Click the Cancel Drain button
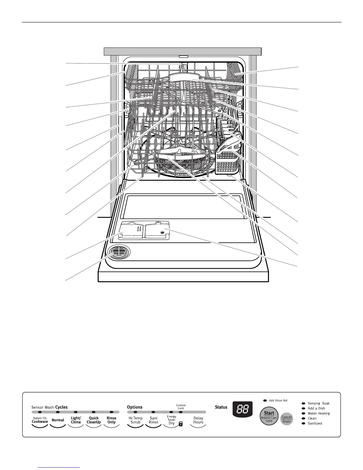[286, 419]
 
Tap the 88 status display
[242, 409]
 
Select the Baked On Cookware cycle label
[40, 420]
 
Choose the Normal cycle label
[58, 420]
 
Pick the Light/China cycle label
[76, 420]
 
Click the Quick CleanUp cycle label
[94, 420]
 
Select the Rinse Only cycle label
[112, 420]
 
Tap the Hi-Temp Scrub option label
[136, 420]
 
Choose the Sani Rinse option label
[154, 420]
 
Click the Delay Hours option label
[198, 420]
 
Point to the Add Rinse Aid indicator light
[265, 401]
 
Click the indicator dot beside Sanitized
[303, 423]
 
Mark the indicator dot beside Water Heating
[303, 413]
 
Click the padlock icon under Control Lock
[181, 424]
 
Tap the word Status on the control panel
[221, 407]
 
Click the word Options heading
[135, 407]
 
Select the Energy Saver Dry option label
[171, 420]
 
